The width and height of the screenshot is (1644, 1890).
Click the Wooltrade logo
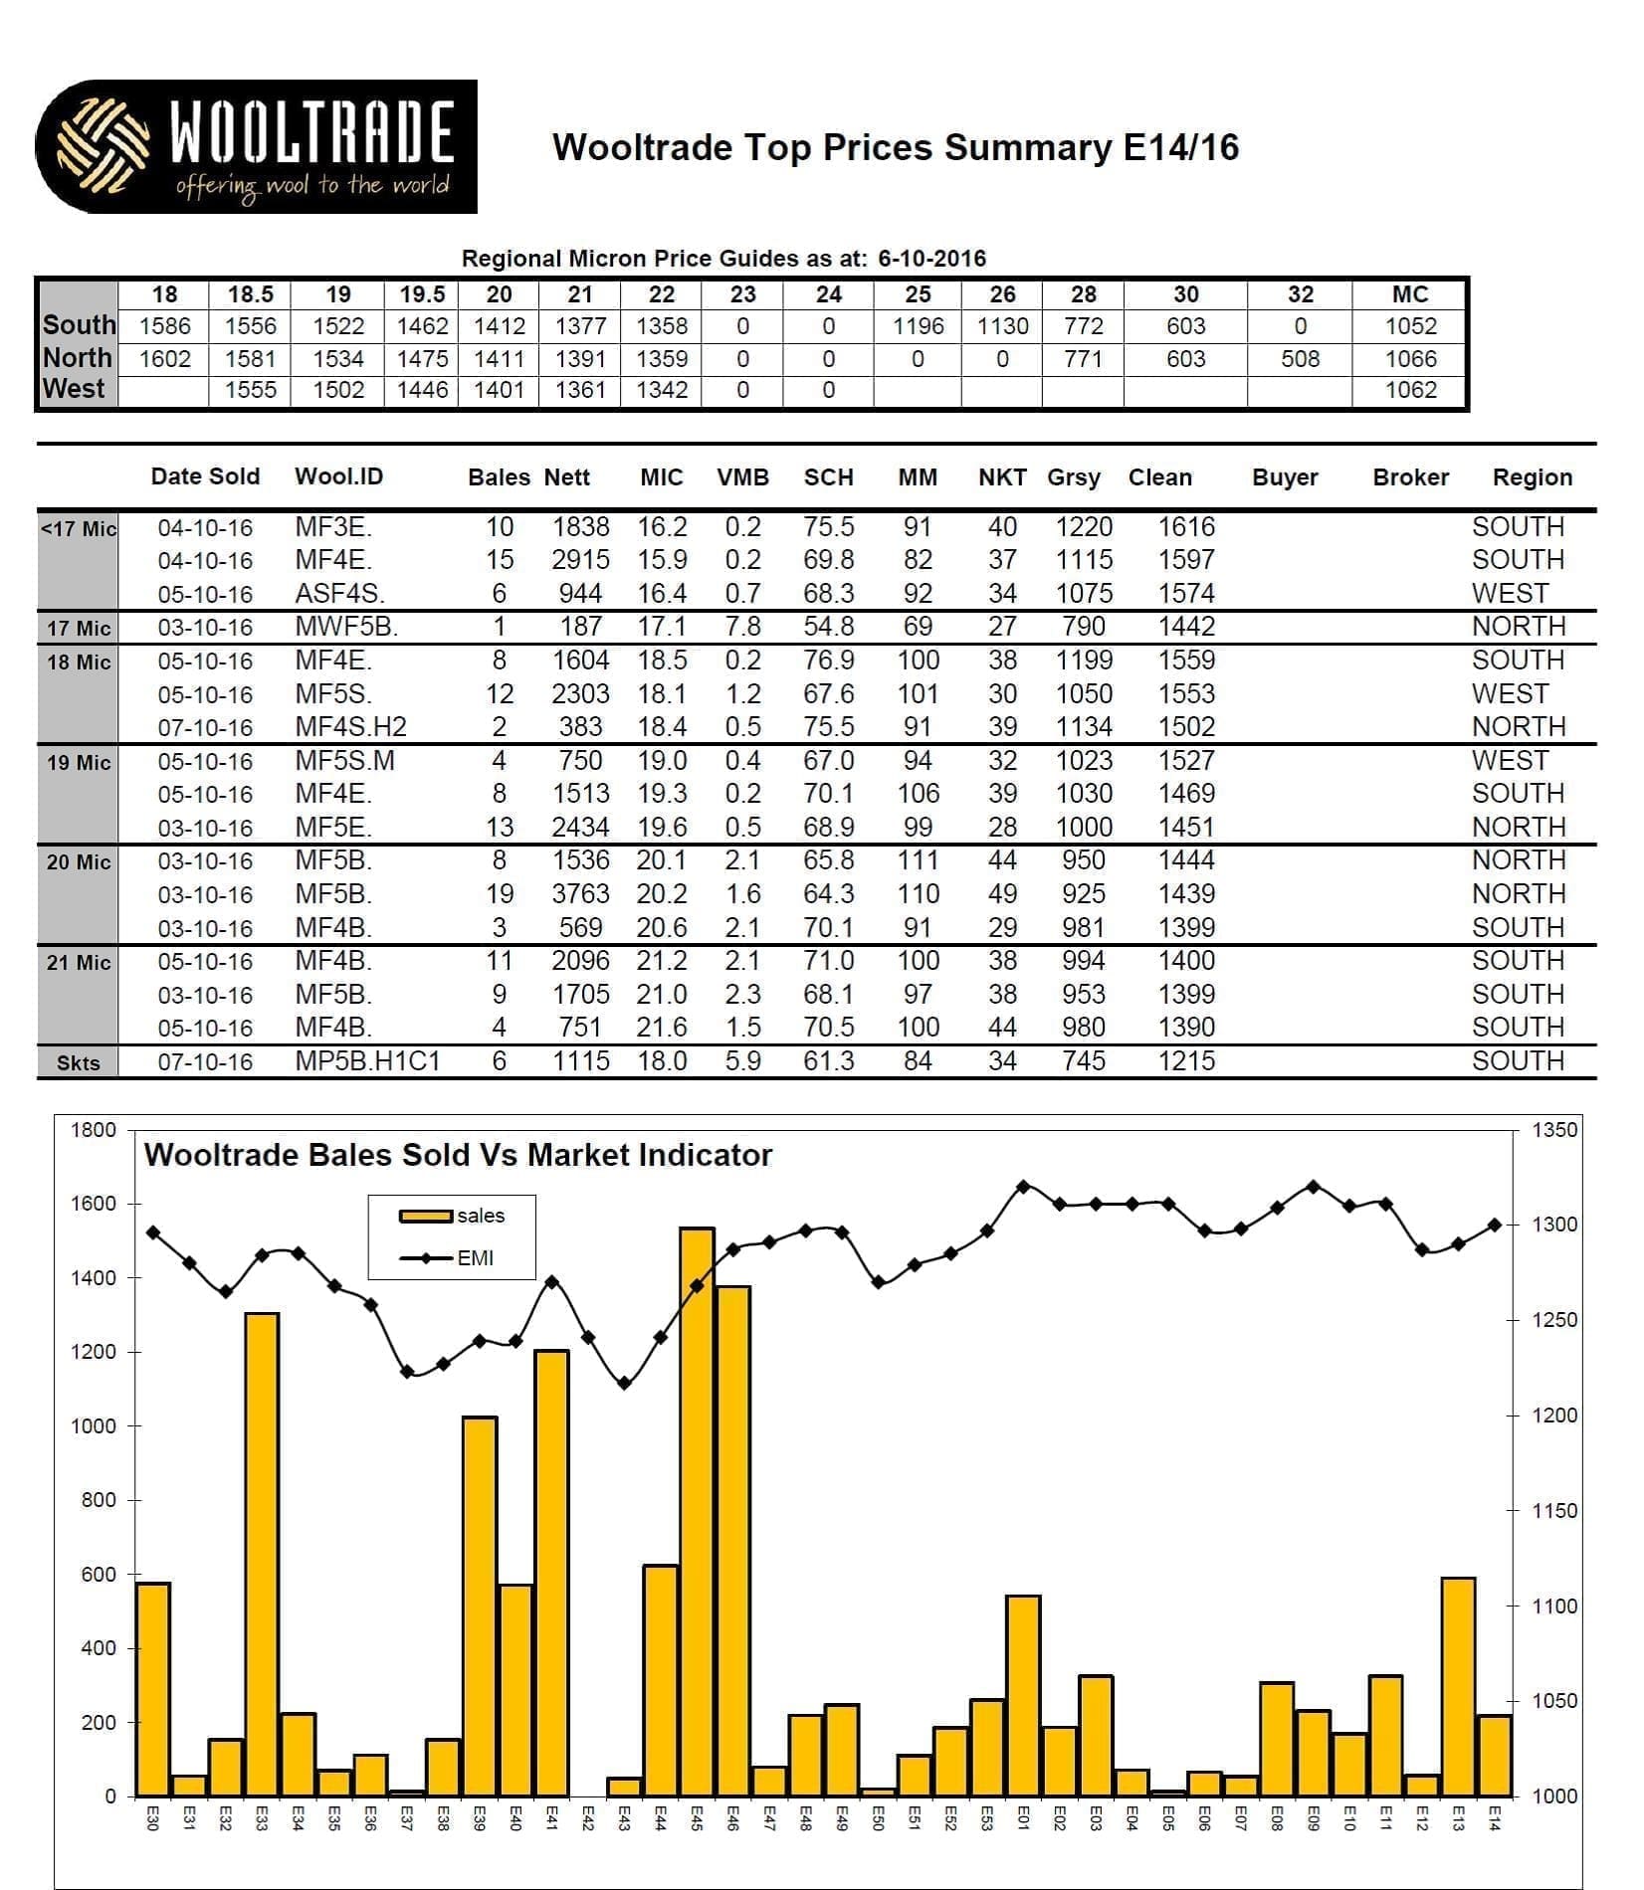point(256,146)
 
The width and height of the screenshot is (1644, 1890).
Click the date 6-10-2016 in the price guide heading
point(931,259)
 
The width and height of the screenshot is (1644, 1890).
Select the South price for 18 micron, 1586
point(164,326)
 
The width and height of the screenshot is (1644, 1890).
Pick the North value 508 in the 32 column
point(1300,359)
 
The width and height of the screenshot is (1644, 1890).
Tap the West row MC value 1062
point(1410,390)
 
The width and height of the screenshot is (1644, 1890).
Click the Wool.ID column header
point(338,476)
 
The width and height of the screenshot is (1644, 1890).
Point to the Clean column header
point(1159,477)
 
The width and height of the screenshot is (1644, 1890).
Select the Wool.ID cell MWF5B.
point(346,627)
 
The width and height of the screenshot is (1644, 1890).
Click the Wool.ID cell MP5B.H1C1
point(367,1061)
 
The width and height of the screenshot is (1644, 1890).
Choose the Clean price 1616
point(1186,527)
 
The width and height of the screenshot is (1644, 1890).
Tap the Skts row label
point(78,1062)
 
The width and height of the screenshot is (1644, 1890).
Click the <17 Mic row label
point(78,529)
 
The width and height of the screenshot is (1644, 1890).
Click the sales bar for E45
point(697,1512)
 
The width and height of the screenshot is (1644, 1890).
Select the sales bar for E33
point(262,1555)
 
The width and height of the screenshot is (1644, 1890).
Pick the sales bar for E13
point(1458,1687)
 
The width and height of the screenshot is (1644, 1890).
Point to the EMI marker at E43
point(624,1384)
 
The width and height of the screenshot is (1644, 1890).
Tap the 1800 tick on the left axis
point(94,1130)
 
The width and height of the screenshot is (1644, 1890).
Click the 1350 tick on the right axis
point(1554,1130)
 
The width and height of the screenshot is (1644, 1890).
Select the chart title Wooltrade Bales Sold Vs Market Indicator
point(458,1155)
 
